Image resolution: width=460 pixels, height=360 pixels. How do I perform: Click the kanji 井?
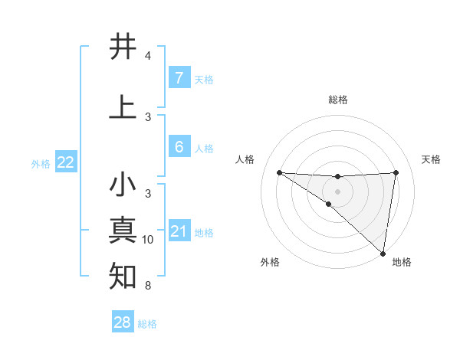pos(123,47)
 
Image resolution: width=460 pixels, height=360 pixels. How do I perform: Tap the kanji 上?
pos(123,107)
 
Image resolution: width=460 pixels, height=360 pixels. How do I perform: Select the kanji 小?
pos(123,186)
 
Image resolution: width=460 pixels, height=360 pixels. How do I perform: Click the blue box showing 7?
pos(179,77)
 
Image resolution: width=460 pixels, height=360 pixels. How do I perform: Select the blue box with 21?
pos(179,232)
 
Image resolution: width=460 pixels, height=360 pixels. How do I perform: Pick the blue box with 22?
pos(66,162)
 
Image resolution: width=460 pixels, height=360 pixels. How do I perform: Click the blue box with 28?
pos(123,322)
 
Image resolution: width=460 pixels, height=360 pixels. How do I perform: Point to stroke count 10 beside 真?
pos(148,240)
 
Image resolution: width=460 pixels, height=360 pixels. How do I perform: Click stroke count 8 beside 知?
pos(148,286)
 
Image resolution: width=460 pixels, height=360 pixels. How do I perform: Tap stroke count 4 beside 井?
pos(148,57)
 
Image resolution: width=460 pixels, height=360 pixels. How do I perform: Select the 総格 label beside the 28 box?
pos(147,324)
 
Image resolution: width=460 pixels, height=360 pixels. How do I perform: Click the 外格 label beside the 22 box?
pos(41,164)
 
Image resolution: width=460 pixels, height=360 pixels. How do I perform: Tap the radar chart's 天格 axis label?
pos(432,159)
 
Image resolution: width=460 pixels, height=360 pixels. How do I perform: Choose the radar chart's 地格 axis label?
pos(402,262)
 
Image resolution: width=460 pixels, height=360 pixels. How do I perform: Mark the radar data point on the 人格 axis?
pos(279,172)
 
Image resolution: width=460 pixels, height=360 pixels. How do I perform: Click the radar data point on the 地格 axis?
pos(383,253)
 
